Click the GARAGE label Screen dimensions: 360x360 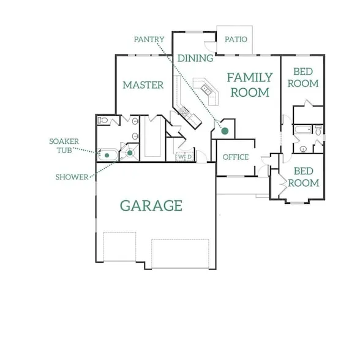point(151,206)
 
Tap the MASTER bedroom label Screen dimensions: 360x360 point(143,85)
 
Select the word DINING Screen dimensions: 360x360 point(195,58)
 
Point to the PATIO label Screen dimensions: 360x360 point(236,39)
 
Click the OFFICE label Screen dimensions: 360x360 point(236,157)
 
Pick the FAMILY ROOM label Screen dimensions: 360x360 point(250,85)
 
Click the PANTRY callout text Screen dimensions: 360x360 point(149,39)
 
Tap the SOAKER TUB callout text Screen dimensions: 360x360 point(64,146)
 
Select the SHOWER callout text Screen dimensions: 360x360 point(72,177)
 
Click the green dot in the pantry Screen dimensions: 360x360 point(225,131)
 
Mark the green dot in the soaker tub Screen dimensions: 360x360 point(107,156)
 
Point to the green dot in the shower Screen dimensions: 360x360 point(130,152)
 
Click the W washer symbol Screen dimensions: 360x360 point(181,157)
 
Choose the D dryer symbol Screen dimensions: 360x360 point(189,157)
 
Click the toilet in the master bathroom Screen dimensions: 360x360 point(103,120)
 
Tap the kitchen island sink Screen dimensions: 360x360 point(206,89)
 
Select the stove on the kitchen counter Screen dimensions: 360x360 point(184,111)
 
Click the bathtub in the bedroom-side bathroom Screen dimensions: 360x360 point(303,129)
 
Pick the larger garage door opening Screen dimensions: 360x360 point(180,253)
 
